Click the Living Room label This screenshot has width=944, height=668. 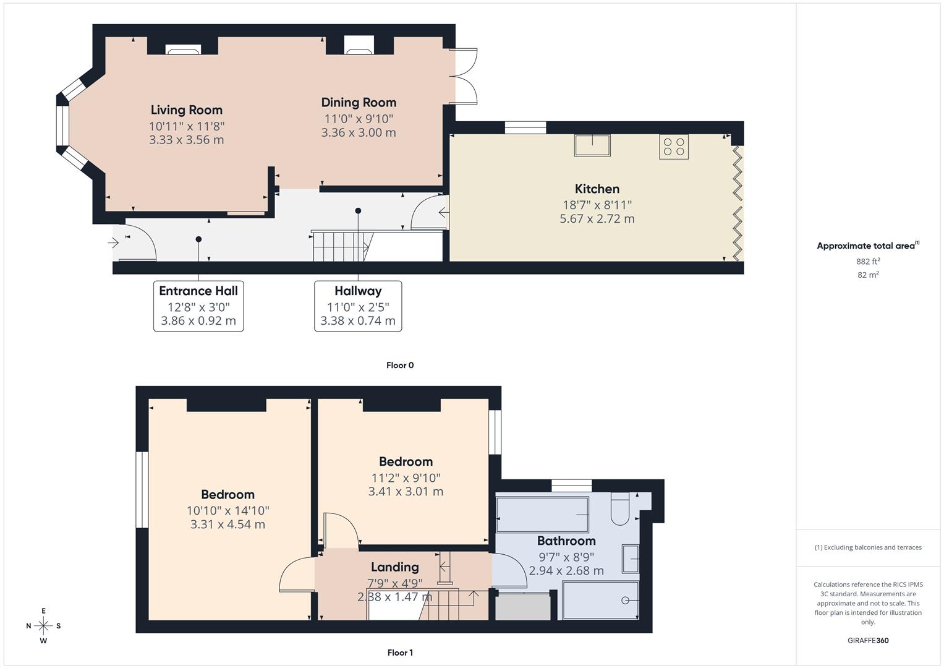coord(186,110)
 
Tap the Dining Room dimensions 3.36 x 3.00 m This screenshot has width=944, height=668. coord(359,132)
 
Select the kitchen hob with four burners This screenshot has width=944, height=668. coord(673,147)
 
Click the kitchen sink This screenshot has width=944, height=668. coord(592,145)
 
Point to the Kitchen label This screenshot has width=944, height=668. coord(597,189)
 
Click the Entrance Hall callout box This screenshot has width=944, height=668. coord(198,306)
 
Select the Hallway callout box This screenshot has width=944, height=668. coord(358,306)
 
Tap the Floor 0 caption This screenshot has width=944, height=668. coord(400,365)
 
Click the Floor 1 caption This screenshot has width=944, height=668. coord(400,653)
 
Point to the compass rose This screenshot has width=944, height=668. coord(43,626)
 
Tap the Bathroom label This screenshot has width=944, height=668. coord(566,541)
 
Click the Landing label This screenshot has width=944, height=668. coord(394,567)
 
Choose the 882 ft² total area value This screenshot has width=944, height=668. coord(868,261)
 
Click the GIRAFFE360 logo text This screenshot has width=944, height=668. coord(868,640)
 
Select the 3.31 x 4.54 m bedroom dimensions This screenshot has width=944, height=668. coord(227,525)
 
